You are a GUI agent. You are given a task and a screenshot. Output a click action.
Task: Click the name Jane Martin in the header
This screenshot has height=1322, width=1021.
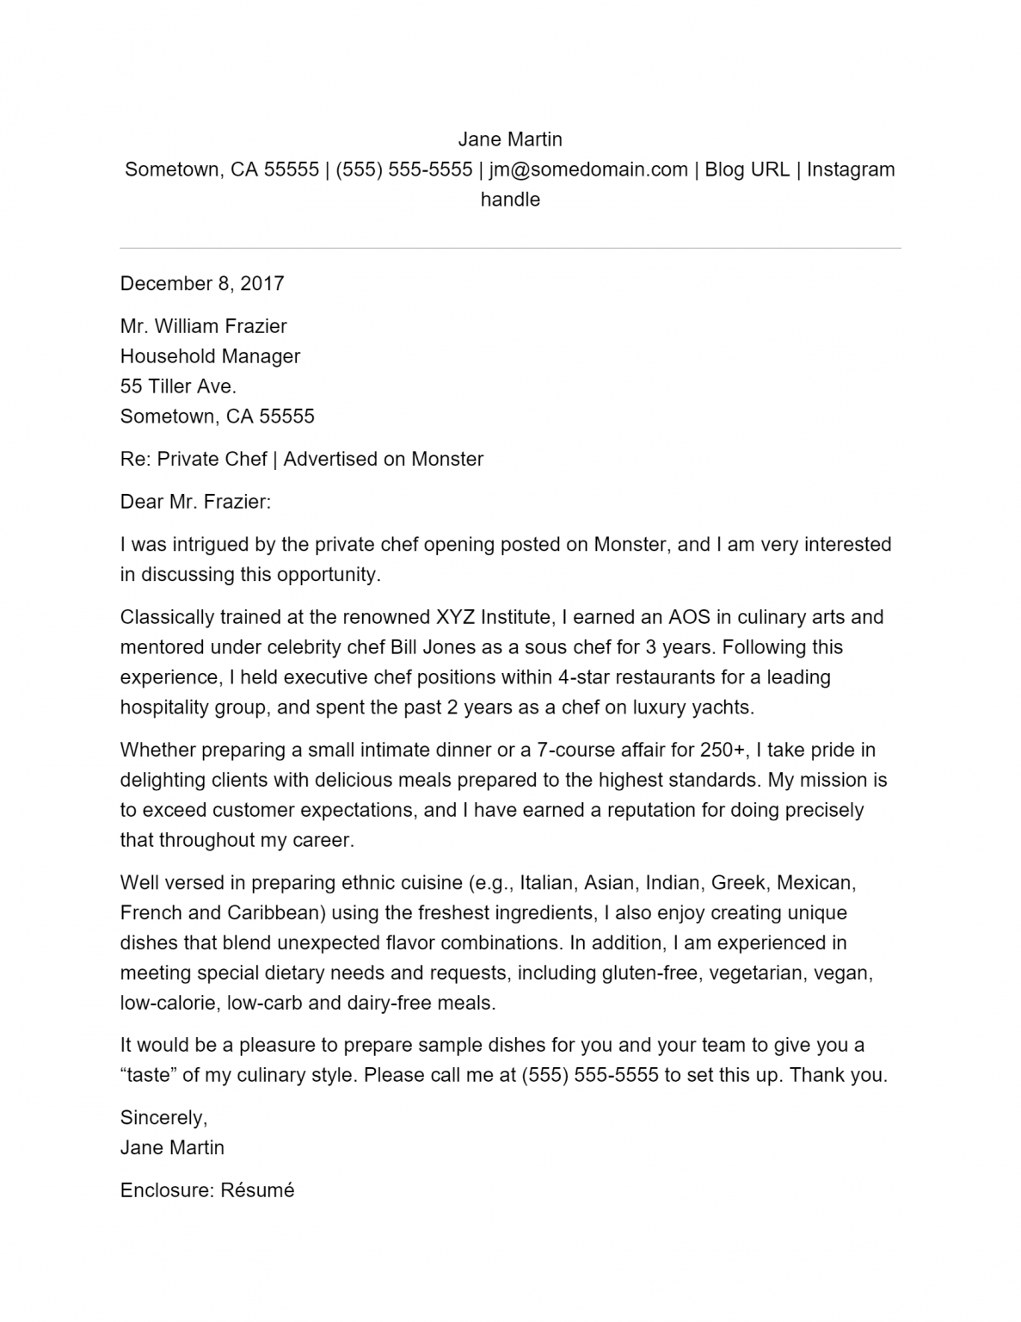click(509, 139)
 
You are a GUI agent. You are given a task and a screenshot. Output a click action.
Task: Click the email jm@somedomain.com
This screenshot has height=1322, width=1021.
click(588, 170)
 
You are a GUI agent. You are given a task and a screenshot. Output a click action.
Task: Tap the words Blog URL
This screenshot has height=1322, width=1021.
click(747, 170)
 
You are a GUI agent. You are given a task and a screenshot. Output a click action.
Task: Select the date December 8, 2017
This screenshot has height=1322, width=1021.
click(202, 283)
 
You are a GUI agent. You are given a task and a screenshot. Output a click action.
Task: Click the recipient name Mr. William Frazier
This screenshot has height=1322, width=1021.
click(203, 326)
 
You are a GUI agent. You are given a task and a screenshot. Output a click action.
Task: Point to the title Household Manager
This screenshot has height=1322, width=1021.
click(210, 356)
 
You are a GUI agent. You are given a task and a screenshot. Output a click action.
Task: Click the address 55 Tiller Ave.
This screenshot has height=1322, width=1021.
click(178, 386)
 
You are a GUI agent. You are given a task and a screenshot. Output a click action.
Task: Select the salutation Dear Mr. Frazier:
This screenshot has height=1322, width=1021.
click(195, 502)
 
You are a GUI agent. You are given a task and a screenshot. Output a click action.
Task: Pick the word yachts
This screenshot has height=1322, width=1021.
click(727, 707)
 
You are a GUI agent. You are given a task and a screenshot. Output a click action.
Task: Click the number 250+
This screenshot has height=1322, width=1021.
click(723, 750)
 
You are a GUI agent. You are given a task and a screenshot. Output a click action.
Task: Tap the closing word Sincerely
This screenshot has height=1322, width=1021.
click(163, 1118)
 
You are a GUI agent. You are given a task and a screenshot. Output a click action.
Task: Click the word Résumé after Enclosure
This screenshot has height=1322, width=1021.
click(257, 1190)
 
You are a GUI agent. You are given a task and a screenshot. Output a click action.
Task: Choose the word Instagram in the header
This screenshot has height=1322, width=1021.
click(851, 170)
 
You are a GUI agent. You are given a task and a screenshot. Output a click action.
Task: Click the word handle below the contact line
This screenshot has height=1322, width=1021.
click(509, 200)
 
